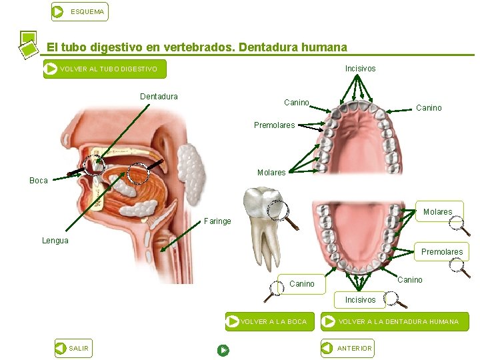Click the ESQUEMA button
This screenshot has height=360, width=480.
point(79,11)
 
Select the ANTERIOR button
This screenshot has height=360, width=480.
point(347,348)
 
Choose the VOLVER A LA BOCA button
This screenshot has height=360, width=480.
point(267,322)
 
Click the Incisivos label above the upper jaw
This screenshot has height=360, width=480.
point(360,69)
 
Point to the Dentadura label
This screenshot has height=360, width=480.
point(159,97)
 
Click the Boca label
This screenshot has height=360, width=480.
point(39,181)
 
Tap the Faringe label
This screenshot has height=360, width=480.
point(218,221)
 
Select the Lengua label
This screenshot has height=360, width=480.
point(55,241)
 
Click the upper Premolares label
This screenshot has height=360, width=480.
point(274,125)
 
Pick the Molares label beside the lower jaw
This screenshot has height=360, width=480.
point(437,212)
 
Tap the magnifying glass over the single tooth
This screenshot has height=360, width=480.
point(279,211)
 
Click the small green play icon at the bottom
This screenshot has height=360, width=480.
point(223,349)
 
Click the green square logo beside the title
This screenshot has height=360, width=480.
point(27,43)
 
